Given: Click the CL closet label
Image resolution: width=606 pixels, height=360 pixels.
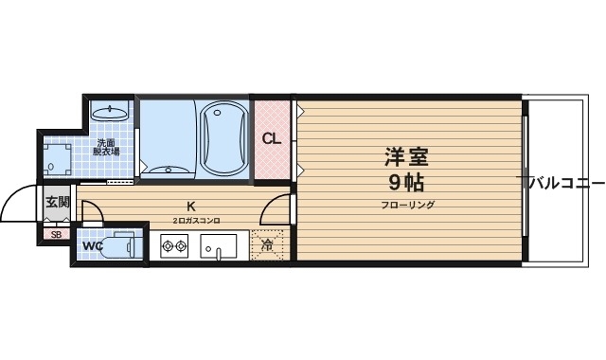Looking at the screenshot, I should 272,138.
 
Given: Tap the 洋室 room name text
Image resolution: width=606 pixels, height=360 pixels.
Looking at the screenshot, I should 407,155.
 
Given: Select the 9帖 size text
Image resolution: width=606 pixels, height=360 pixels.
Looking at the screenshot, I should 407,182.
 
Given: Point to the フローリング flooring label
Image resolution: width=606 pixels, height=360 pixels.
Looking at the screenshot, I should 407,205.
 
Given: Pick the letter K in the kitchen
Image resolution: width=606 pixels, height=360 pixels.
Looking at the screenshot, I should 191,207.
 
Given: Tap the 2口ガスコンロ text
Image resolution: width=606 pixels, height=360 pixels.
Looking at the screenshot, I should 196,221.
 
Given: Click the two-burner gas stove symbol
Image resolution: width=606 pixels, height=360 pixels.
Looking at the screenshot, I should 174,249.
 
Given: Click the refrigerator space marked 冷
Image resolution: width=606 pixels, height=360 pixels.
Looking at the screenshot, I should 267,245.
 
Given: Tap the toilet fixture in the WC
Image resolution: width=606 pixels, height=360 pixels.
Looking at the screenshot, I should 121,246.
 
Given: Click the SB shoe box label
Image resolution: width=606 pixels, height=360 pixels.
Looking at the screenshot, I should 55,234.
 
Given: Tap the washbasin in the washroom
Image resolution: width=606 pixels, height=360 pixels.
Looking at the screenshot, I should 112,112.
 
